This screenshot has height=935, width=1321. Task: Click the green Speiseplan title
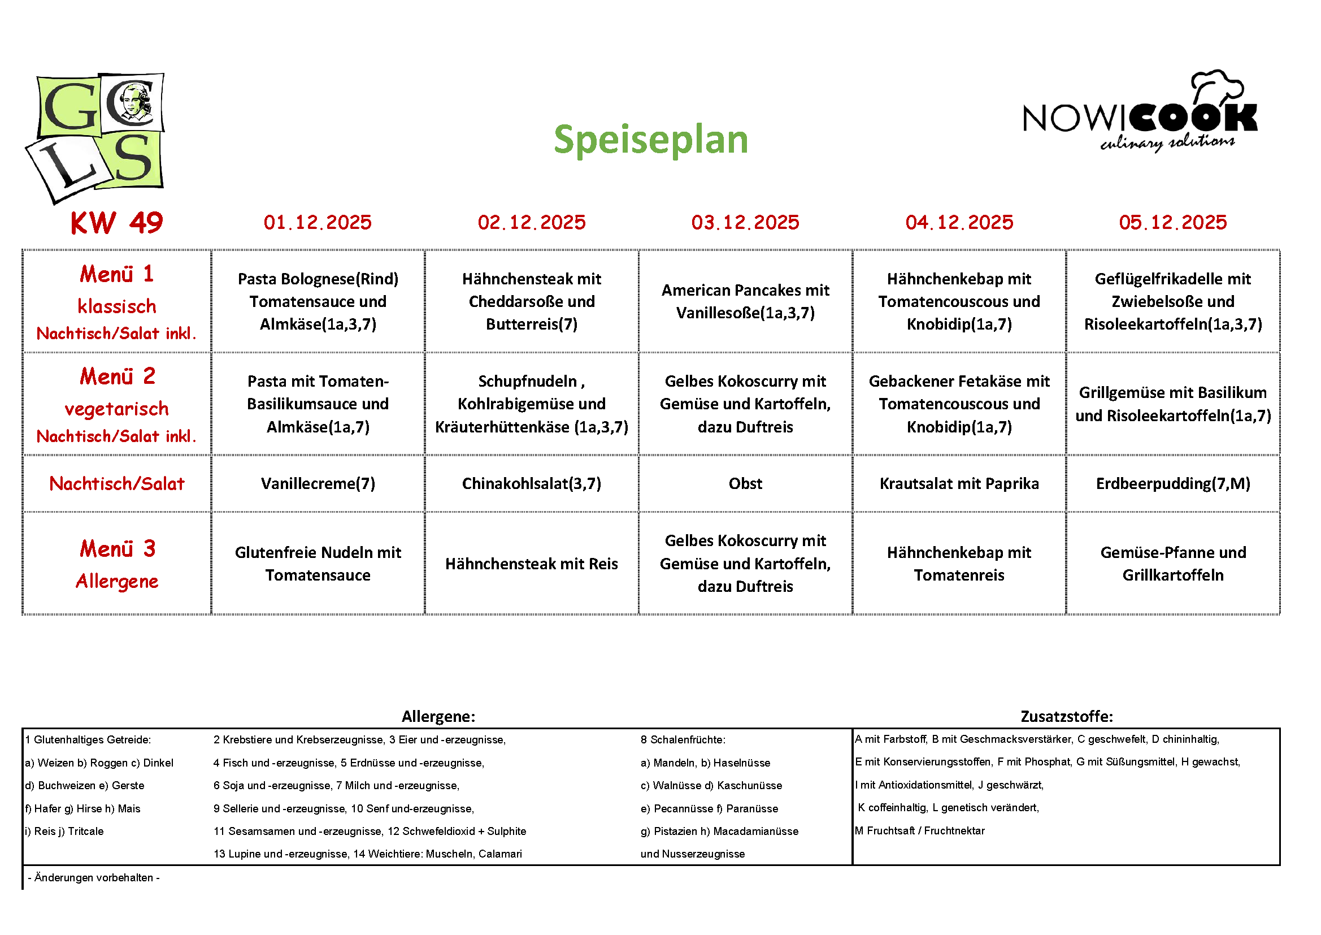pos(650,139)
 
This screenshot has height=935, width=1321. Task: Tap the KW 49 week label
pos(117,223)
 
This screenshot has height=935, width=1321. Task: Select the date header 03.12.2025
pos(745,222)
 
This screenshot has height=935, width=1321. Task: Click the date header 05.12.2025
pos(1172,222)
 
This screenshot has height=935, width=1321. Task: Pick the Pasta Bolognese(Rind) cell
pos(318,301)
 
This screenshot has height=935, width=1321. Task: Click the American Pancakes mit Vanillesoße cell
pos(745,301)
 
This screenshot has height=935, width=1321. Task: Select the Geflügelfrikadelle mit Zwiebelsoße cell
pos(1172,301)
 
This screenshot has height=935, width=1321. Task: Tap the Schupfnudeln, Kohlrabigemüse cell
pos(532,404)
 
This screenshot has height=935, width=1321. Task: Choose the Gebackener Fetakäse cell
pos(959,404)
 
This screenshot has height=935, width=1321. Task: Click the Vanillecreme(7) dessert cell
pos(318,484)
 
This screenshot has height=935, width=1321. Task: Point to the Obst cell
pos(745,484)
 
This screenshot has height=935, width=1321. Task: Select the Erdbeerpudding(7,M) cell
pos(1172,484)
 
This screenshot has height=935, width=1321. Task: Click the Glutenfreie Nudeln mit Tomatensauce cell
pos(318,564)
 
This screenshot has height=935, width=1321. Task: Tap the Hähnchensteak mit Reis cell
pos(532,564)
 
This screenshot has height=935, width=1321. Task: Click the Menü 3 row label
pos(117,549)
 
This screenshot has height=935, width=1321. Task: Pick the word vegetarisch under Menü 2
pos(117,409)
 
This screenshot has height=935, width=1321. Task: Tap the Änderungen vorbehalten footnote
pos(94,877)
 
